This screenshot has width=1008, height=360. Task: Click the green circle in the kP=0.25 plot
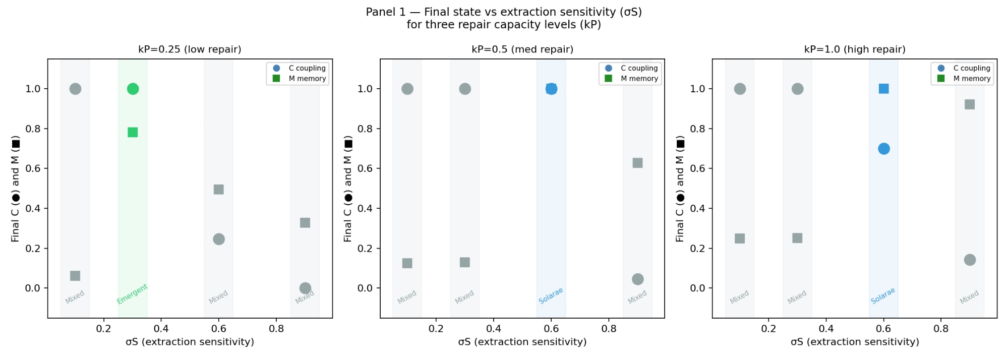133,89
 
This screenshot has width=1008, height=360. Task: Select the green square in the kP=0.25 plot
133,132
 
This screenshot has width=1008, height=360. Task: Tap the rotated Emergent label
132,294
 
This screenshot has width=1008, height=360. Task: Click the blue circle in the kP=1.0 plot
883,149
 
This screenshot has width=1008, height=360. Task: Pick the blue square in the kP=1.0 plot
883,89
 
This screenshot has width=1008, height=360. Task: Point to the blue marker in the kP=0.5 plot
551,89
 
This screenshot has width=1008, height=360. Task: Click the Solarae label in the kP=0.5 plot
551,296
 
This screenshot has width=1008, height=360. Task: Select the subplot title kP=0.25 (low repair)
190,49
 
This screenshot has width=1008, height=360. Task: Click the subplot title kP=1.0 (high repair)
855,49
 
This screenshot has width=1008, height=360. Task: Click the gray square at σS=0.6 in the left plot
218,190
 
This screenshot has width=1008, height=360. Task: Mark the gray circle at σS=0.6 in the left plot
218,239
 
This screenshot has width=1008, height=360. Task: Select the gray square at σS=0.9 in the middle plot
637,163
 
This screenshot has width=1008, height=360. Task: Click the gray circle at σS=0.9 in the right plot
970,260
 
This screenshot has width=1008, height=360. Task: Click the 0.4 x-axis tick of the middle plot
494,329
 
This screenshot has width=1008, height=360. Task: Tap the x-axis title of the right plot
855,342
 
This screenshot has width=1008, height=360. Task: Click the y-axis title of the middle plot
348,189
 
